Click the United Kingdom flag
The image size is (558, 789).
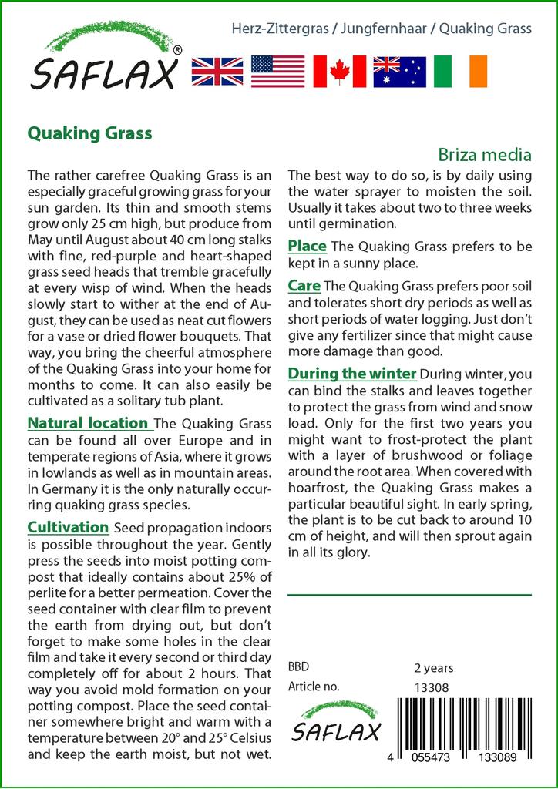click(217, 71)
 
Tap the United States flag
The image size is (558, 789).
click(277, 71)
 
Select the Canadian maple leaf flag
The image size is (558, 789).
click(338, 71)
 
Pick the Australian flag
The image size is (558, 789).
click(399, 71)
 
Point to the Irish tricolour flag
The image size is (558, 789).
click(460, 71)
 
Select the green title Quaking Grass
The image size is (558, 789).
click(89, 133)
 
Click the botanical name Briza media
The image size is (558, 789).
click(486, 154)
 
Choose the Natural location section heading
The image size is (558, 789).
click(88, 423)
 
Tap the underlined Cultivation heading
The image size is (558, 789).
click(68, 528)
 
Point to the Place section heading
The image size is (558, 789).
click(307, 247)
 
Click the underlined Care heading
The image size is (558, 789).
click(304, 286)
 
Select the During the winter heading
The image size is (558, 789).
click(352, 374)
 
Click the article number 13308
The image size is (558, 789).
click(432, 687)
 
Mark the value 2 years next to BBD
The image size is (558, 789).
click(434, 668)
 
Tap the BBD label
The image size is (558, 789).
click(299, 667)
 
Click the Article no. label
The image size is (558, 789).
click(313, 687)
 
